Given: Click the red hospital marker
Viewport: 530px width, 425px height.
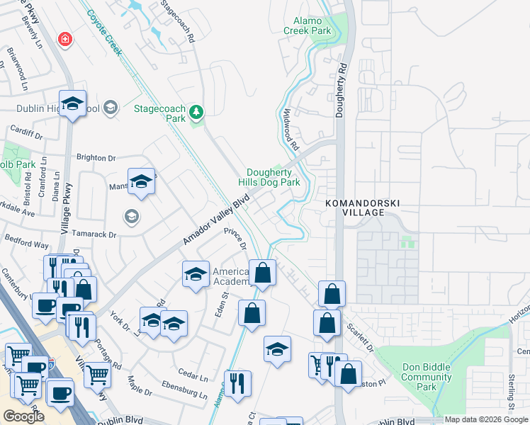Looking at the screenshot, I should point(65,38).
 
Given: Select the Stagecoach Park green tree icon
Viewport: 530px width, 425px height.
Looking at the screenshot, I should point(196,110).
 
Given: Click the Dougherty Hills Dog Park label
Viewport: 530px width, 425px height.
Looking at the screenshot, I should point(274,177).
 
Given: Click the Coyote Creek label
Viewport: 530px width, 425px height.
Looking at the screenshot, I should point(105,27).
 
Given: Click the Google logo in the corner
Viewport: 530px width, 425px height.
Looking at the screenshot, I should point(23,416).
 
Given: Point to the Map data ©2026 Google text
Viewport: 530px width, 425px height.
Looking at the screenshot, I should point(485,419).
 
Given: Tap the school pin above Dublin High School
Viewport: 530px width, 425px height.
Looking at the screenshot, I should point(72,104).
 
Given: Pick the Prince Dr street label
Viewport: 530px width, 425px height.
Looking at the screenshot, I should point(235,239).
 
